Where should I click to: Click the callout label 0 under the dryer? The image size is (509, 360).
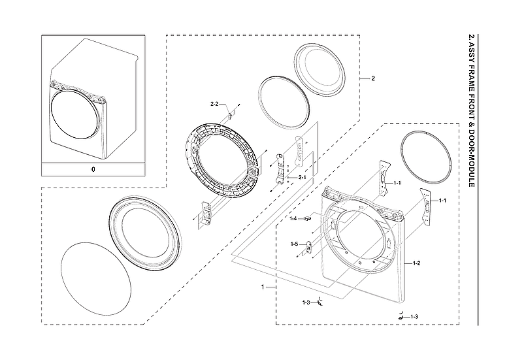93,169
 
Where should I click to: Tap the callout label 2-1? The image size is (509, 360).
303,178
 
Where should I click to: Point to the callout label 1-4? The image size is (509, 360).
294,218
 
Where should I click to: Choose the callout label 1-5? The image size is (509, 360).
294,244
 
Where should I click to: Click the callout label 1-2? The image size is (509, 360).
416,263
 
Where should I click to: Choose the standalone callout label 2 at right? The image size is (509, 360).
373,78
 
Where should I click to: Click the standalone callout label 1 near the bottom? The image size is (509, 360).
263,287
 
